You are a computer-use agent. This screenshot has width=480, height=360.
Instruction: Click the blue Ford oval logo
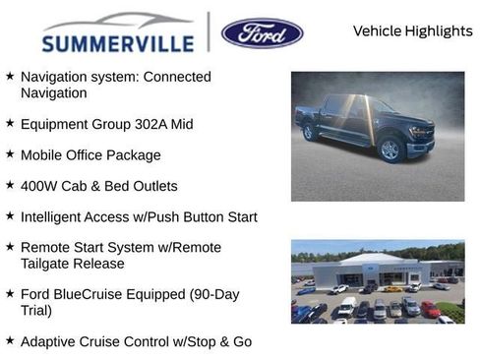tap(262, 32)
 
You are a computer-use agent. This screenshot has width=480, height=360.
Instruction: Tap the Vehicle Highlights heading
tap(412, 30)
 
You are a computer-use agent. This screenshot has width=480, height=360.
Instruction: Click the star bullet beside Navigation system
tap(9, 77)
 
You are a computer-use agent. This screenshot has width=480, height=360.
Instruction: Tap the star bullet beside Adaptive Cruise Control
tap(9, 340)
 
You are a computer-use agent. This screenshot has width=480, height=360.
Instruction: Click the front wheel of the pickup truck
tap(390, 150)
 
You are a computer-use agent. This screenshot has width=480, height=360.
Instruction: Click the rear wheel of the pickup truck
tap(311, 132)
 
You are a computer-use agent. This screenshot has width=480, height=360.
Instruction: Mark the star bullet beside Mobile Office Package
tap(9, 154)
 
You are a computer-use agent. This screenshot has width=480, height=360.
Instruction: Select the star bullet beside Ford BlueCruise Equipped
tap(9, 293)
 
